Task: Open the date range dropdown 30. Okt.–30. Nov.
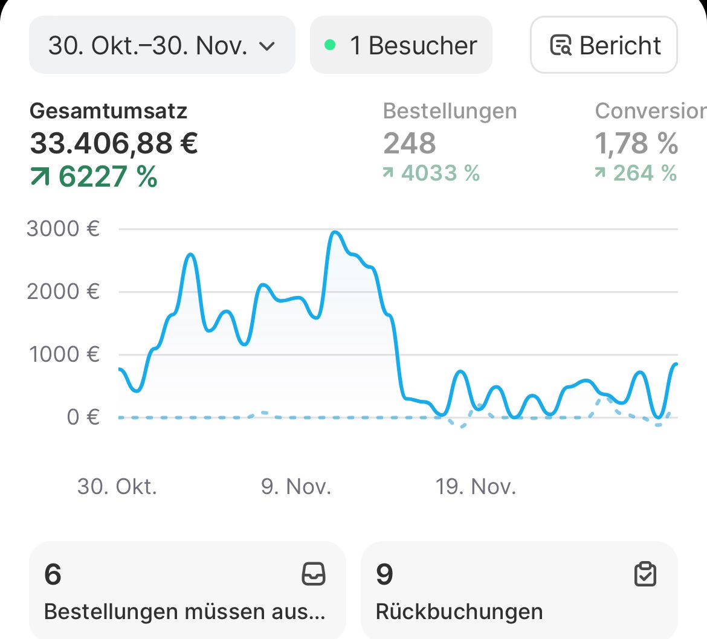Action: (x=161, y=45)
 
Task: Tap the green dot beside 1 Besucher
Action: (x=330, y=45)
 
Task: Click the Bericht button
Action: (x=604, y=45)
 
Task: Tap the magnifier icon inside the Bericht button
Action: (x=560, y=46)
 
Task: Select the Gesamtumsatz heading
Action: (x=109, y=111)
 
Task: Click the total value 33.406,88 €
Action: (x=114, y=144)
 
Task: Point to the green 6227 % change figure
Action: (x=108, y=177)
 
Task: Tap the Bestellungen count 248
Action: (x=409, y=144)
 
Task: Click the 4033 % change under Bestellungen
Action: (x=440, y=173)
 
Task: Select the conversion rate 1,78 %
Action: (x=636, y=144)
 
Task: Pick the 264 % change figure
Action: (x=644, y=173)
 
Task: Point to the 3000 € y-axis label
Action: (x=63, y=229)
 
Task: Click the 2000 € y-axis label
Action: (x=63, y=292)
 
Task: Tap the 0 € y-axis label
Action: (x=83, y=417)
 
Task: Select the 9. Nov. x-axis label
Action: (x=296, y=486)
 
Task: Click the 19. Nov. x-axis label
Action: (x=476, y=486)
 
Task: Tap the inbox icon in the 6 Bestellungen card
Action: (x=313, y=574)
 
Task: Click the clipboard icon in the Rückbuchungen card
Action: (x=645, y=574)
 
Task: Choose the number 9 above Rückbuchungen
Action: (x=384, y=574)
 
